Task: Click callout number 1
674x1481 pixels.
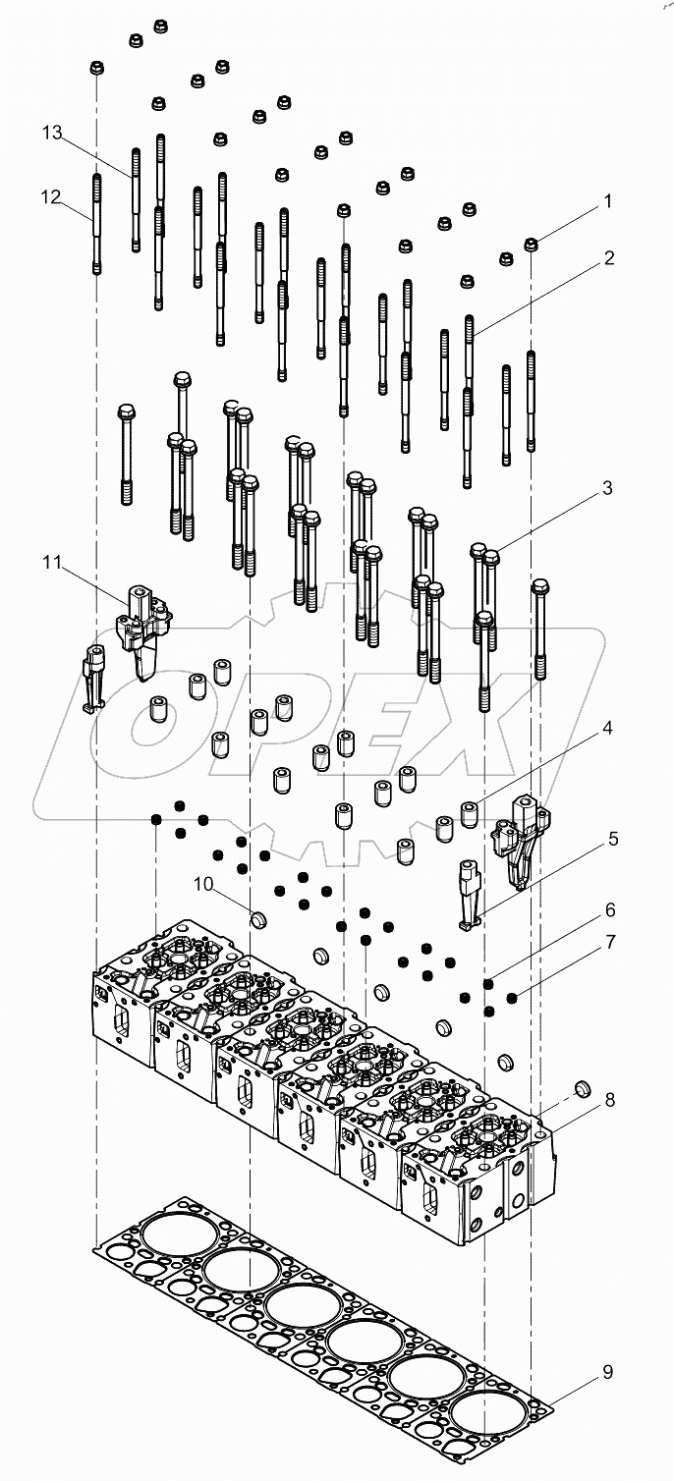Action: tap(607, 201)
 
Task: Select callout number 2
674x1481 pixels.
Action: tap(609, 258)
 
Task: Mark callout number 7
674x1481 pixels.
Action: tap(609, 941)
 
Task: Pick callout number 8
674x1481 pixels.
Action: tap(609, 1100)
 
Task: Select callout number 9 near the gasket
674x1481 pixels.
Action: tap(607, 1371)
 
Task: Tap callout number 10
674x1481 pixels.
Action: tap(202, 884)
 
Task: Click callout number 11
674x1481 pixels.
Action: tap(52, 563)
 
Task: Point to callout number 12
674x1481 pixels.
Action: tap(51, 197)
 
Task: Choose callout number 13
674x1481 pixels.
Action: tap(52, 133)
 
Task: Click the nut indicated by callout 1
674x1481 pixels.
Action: tap(531, 244)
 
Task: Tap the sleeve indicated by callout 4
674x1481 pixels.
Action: tap(471, 813)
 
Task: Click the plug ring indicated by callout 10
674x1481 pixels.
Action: tap(259, 919)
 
